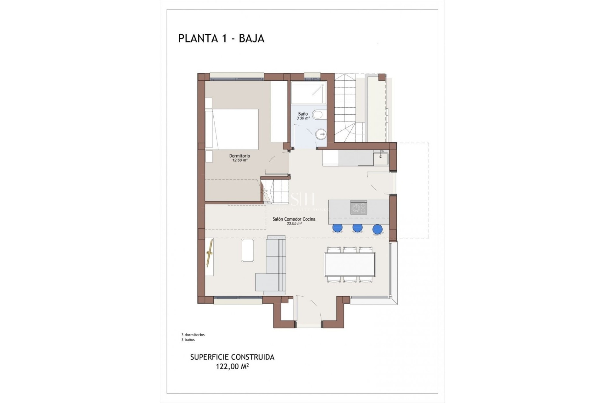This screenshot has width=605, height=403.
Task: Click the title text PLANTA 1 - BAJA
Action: click(x=221, y=38)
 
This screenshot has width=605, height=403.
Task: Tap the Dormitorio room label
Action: click(x=239, y=156)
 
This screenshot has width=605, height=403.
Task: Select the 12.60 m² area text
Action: click(x=239, y=160)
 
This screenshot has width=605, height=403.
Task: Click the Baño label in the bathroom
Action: click(x=303, y=114)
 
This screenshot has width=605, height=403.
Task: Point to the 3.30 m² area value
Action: click(x=303, y=118)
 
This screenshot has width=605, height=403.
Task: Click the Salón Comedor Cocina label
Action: click(x=294, y=219)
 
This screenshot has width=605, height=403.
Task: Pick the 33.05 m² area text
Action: click(x=294, y=224)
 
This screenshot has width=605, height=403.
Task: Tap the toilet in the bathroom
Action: click(x=318, y=115)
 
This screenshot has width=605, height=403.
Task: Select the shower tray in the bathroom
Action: click(x=308, y=93)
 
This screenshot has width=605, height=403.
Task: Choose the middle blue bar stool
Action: click(x=357, y=228)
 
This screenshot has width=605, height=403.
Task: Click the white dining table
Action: click(x=350, y=264)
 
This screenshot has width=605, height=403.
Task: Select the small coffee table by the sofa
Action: click(x=248, y=250)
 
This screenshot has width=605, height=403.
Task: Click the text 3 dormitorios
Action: click(x=193, y=335)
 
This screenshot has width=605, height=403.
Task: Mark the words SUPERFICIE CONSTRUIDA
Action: click(x=232, y=357)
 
